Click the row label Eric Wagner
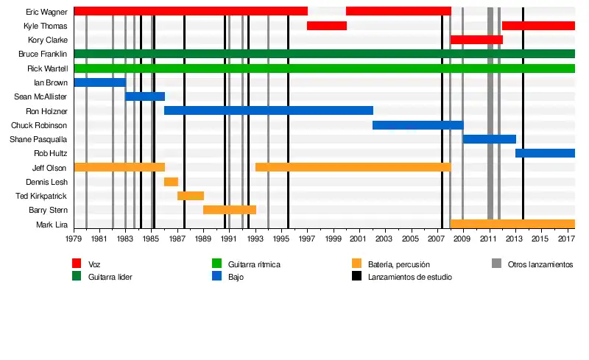(x=46, y=12)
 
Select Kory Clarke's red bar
(x=476, y=40)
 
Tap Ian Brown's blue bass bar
(x=99, y=82)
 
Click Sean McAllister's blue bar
(x=145, y=96)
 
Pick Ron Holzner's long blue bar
(x=268, y=110)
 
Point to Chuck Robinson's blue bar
(x=417, y=125)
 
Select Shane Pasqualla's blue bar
(x=489, y=139)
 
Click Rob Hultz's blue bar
(x=545, y=153)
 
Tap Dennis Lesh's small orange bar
(x=171, y=182)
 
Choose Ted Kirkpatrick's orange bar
(x=191, y=196)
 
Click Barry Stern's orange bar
(x=230, y=210)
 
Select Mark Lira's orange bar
(x=512, y=224)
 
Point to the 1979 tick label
(x=74, y=239)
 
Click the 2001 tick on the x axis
(x=359, y=239)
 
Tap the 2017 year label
(x=566, y=239)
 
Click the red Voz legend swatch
(x=77, y=264)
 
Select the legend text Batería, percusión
(x=399, y=264)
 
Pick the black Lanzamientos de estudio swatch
(x=356, y=277)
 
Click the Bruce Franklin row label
(x=43, y=54)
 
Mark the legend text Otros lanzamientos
(x=540, y=264)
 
